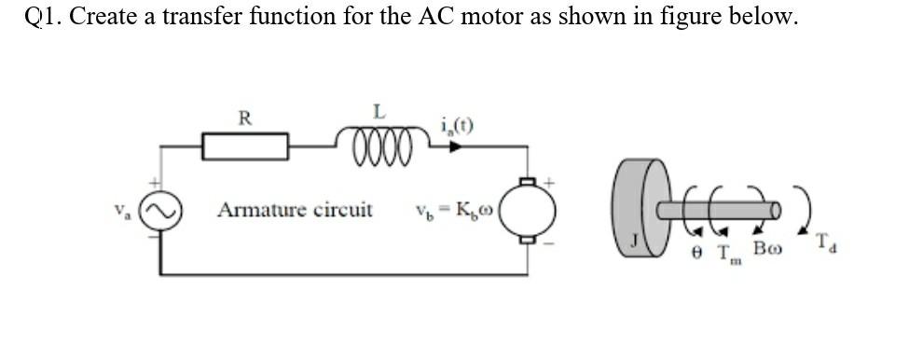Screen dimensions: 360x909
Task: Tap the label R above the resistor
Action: point(244,118)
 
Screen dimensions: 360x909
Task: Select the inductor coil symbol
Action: point(379,145)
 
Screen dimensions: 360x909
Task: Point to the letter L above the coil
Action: point(379,112)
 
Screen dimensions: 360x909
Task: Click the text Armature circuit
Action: point(295,209)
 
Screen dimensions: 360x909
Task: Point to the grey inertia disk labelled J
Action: point(638,211)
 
